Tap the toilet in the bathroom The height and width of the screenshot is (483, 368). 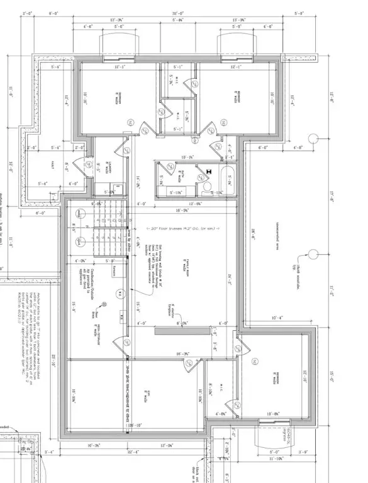click(x=208, y=187)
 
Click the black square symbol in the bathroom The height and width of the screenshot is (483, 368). click(x=208, y=169)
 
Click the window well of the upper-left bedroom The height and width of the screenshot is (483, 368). click(x=117, y=46)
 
